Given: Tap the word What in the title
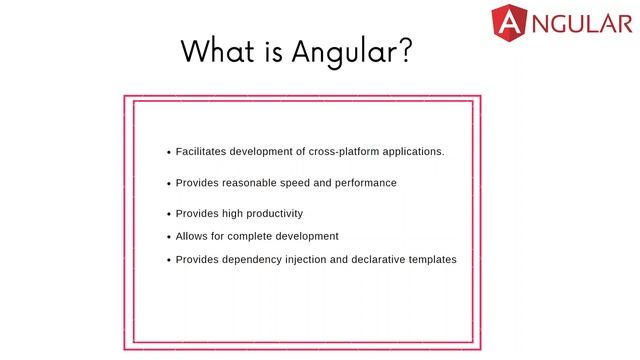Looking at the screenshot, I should coord(212,51).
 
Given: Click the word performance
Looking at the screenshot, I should coord(366,183).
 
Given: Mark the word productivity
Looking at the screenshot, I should coord(268,214).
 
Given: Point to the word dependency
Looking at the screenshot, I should coord(259,260).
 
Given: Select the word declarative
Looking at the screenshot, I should coord(386,260).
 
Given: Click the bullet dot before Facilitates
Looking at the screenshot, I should coord(168,153).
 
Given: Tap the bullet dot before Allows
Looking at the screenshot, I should coord(168,238).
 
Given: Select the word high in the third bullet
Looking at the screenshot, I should coord(224,214).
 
